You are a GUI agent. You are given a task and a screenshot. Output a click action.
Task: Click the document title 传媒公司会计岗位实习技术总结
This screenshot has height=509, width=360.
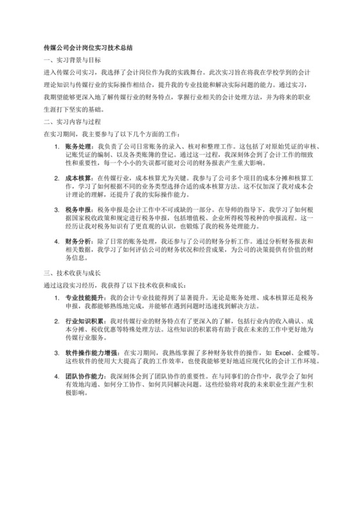point(87,47)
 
